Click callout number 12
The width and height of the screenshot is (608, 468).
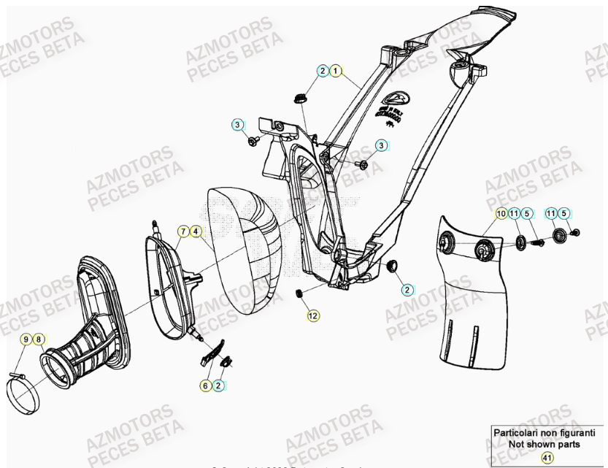312,316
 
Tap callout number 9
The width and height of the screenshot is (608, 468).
26,339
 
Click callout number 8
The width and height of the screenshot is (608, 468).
39,339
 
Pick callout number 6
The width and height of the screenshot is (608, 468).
206,385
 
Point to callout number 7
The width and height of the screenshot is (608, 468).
183,231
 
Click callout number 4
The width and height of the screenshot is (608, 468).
196,231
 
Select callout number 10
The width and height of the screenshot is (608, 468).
501,213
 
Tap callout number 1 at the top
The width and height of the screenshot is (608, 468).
335,71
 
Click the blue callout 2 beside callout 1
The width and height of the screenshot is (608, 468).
323,71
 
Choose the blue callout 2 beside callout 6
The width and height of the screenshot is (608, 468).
218,385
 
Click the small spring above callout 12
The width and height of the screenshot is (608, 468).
299,293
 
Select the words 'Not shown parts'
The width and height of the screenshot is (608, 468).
546,443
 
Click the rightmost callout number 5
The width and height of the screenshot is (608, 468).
566,213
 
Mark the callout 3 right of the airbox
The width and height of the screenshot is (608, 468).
380,146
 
